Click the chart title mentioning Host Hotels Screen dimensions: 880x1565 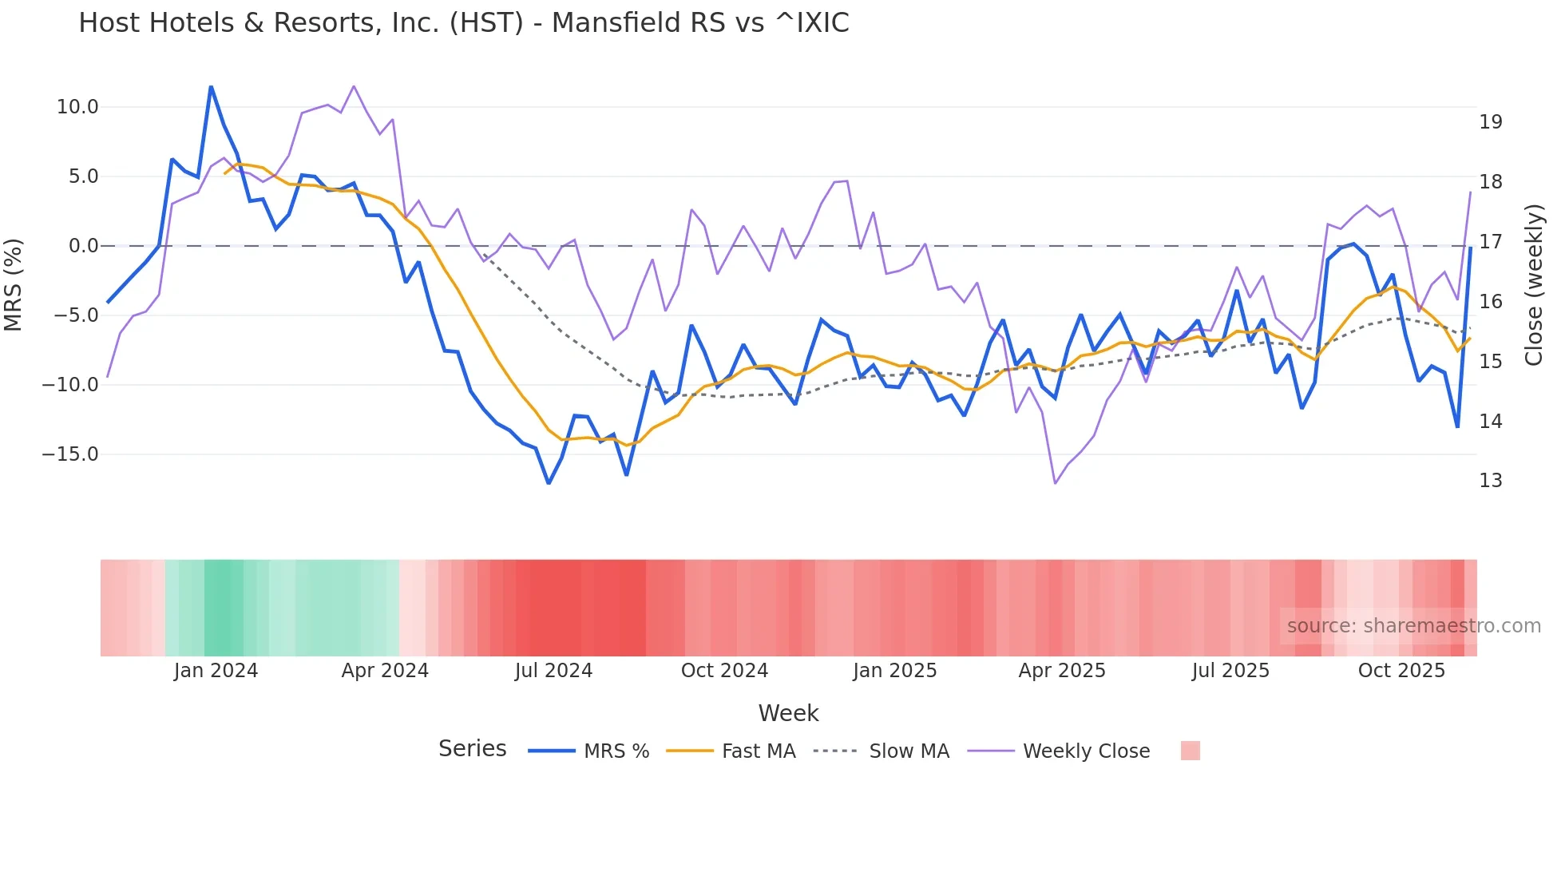pyautogui.click(x=463, y=23)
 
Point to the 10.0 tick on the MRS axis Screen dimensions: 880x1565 pyautogui.click(x=77, y=107)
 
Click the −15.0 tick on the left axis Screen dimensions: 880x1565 pyautogui.click(x=70, y=454)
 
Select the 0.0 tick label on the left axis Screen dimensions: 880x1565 pyautogui.click(x=84, y=246)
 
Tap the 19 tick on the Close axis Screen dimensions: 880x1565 pyautogui.click(x=1491, y=122)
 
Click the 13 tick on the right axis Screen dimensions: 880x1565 pyautogui.click(x=1491, y=481)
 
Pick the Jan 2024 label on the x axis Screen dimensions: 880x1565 pyautogui.click(x=216, y=671)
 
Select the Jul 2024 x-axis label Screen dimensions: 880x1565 pyautogui.click(x=553, y=671)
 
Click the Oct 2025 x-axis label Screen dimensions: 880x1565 pyautogui.click(x=1401, y=671)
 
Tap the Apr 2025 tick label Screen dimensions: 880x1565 pyautogui.click(x=1062, y=671)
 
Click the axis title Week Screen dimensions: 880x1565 pyautogui.click(x=788, y=713)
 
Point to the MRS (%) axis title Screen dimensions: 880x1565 pyautogui.click(x=14, y=284)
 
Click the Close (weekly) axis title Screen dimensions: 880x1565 pyautogui.click(x=1534, y=285)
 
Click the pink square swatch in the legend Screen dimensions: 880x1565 pyautogui.click(x=1190, y=751)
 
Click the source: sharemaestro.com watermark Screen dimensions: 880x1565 pyautogui.click(x=1413, y=626)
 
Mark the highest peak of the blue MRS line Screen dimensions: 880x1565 pyautogui.click(x=211, y=87)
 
